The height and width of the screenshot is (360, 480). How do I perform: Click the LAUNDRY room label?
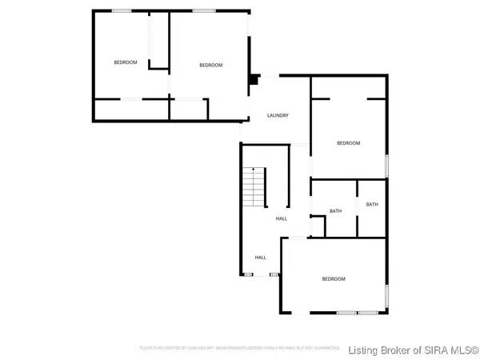278,116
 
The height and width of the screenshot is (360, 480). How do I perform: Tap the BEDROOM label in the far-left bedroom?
125,63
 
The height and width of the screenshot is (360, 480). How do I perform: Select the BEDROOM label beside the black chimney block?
210,66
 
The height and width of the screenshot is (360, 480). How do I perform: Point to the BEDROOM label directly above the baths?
348,143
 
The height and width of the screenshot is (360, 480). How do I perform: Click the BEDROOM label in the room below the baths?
334,279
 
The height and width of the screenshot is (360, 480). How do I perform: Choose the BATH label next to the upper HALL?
336,211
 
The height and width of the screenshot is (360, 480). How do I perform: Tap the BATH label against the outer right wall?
372,205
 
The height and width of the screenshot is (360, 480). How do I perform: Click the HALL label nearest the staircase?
282,219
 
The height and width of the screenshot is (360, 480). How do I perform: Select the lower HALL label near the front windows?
261,258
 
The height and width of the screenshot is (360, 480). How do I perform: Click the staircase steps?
254,190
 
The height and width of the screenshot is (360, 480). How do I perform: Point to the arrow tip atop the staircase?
254,170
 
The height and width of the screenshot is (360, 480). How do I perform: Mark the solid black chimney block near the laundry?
254,79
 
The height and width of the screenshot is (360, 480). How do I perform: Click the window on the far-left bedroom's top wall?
122,10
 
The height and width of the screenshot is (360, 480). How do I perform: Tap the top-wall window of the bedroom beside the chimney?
203,10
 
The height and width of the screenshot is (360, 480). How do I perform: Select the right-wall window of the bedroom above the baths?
387,164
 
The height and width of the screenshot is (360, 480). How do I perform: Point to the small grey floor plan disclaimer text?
240,349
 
